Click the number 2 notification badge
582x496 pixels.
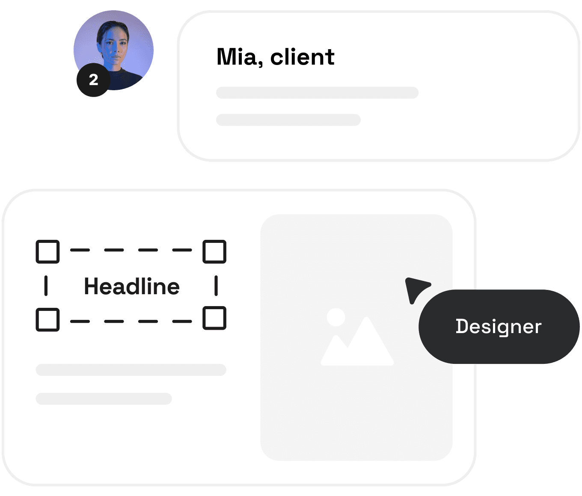tap(93, 80)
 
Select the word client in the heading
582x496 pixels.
tap(303, 57)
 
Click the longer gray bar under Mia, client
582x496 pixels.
tap(317, 93)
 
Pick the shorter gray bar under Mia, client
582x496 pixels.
tap(288, 120)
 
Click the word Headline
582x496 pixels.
tap(132, 286)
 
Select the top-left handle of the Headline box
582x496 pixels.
tap(48, 251)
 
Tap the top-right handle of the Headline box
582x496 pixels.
tap(214, 251)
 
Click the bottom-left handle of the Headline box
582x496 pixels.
tap(48, 319)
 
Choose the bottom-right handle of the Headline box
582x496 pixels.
tap(214, 318)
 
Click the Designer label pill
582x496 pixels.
tap(499, 326)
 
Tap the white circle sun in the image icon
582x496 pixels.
tap(336, 317)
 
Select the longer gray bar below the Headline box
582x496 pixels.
tap(131, 370)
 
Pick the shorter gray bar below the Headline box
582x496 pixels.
tap(104, 399)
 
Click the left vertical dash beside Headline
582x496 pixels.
tap(46, 286)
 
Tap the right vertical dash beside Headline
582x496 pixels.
tap(216, 286)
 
